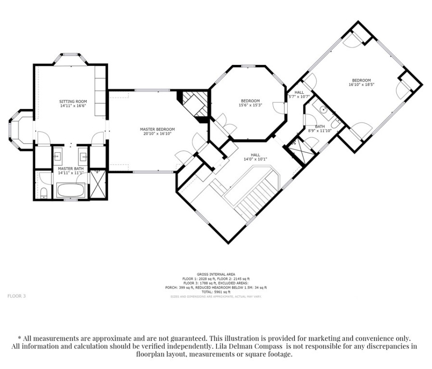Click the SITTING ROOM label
pos(73,101)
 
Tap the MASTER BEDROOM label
pos(157,129)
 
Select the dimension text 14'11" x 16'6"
pos(73,106)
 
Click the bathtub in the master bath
pos(71,190)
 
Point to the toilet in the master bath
pos(44,193)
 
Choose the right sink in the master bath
pos(83,156)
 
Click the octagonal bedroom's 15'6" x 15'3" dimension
pos(250,105)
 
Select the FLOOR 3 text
pos(16,296)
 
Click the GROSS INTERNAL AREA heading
pos(216,274)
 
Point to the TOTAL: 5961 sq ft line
pos(216,292)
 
